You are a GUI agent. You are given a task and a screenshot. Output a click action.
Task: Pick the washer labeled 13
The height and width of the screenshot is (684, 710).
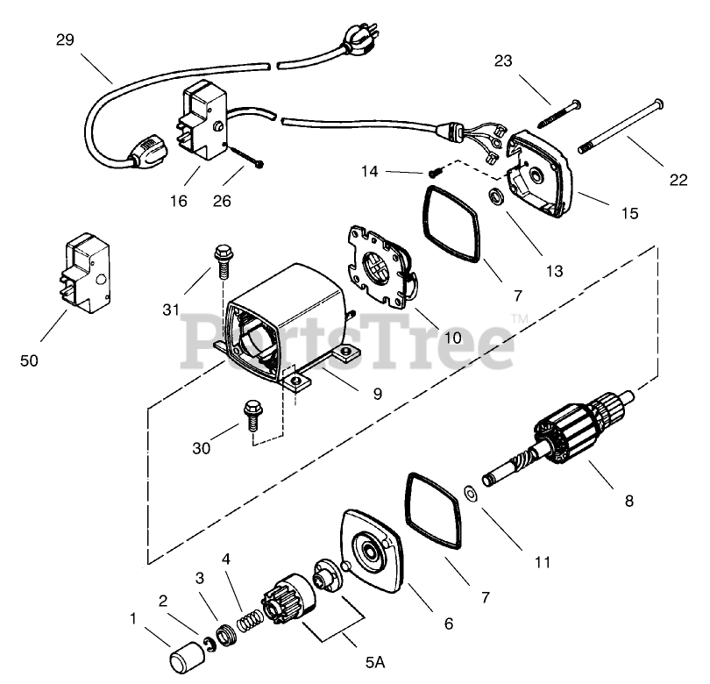point(496,195)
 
